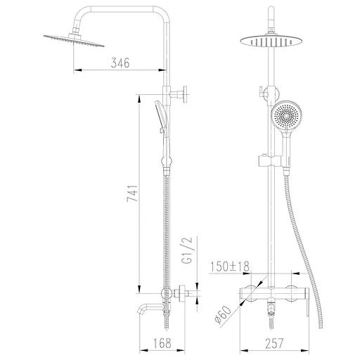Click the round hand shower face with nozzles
pos(286,117)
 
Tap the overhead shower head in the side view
pos(72,39)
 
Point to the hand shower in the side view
pos(161,115)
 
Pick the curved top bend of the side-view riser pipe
pos(162,14)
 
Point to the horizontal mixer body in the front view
pos(276,292)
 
